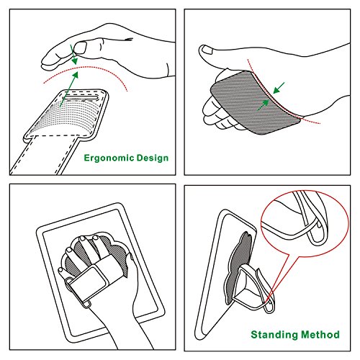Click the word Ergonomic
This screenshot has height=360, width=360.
click(109, 158)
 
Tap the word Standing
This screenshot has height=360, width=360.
click(274, 335)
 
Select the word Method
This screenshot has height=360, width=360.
click(320, 334)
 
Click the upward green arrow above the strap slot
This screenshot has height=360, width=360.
click(69, 89)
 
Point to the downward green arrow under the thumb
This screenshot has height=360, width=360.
click(73, 55)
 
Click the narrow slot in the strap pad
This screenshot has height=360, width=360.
click(80, 98)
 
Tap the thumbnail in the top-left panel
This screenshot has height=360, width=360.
click(80, 48)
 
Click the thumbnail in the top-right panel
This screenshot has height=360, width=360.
click(207, 50)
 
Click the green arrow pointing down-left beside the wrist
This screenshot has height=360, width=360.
click(279, 88)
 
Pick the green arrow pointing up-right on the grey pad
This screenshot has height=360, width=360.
click(263, 105)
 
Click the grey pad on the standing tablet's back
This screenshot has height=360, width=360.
click(238, 266)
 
